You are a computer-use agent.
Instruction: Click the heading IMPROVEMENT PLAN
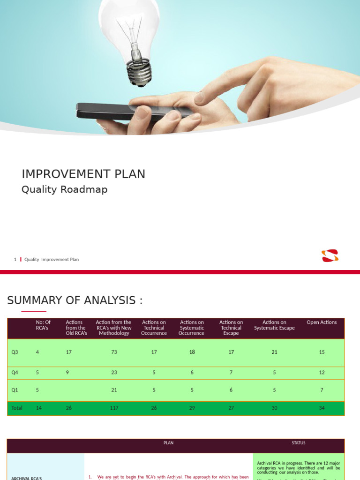[83, 174]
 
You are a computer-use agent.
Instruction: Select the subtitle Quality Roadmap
[65, 189]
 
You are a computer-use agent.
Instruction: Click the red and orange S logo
[330, 256]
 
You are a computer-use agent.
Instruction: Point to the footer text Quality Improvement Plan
[52, 259]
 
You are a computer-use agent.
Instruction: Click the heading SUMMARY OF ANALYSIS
[75, 300]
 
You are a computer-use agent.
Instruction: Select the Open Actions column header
[322, 322]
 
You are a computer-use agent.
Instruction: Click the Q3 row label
[15, 352]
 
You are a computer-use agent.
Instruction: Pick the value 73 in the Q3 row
[114, 352]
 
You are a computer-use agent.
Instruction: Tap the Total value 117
[114, 408]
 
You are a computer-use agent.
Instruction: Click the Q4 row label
[15, 373]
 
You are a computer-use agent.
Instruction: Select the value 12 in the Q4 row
[322, 373]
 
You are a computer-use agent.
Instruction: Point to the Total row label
[17, 408]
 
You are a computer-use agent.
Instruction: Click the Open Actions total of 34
[322, 408]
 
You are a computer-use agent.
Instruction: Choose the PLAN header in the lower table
[168, 443]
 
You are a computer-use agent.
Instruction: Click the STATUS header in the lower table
[299, 443]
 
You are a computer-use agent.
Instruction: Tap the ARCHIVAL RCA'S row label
[27, 478]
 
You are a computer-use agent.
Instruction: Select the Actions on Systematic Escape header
[274, 325]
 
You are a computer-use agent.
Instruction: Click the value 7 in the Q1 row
[322, 390]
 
